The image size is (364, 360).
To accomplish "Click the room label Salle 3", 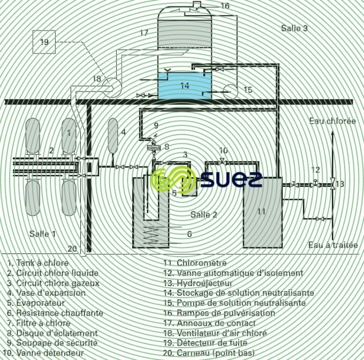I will click(x=294, y=28).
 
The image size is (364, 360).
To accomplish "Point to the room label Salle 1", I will click(x=42, y=234).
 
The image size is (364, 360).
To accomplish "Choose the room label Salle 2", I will click(x=204, y=214).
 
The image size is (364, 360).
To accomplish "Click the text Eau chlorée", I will click(x=332, y=121).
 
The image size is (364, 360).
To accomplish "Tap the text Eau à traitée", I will click(x=333, y=245).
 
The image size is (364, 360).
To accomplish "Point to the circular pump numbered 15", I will click(x=231, y=90).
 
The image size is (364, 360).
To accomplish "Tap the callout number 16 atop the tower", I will click(x=224, y=6).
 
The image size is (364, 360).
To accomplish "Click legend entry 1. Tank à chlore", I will click(x=38, y=263).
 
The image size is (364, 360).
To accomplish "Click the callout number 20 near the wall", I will click(x=72, y=247).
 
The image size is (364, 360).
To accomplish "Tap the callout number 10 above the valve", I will click(x=223, y=151).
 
